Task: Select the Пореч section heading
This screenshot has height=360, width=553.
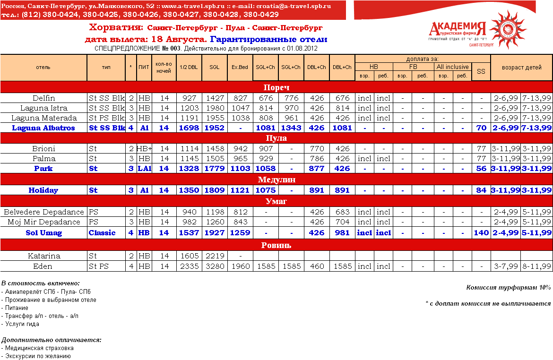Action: [x=276, y=87]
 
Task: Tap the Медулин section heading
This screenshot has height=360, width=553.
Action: [x=276, y=180]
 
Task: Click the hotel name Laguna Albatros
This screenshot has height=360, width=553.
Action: [x=43, y=128]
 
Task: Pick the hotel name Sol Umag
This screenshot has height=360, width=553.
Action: [x=43, y=233]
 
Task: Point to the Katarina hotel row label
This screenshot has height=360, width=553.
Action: [x=43, y=256]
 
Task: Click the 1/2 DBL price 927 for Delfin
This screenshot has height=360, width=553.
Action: [x=189, y=98]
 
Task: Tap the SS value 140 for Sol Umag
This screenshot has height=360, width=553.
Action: [x=481, y=233]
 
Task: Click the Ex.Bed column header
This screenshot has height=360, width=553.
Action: [x=240, y=67]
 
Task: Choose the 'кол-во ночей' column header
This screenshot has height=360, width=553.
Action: [x=164, y=67]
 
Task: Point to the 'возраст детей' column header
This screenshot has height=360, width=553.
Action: [x=522, y=67]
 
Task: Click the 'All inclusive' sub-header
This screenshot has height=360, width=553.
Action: [x=452, y=67]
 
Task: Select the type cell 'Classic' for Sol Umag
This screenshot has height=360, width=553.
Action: [x=102, y=233]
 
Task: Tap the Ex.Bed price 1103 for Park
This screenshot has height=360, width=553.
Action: [x=240, y=169]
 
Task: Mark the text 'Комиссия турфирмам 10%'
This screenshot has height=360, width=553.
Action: [x=509, y=288]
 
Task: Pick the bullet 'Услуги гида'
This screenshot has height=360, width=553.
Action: [x=22, y=324]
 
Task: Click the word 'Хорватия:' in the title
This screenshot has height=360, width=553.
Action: [x=116, y=27]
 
